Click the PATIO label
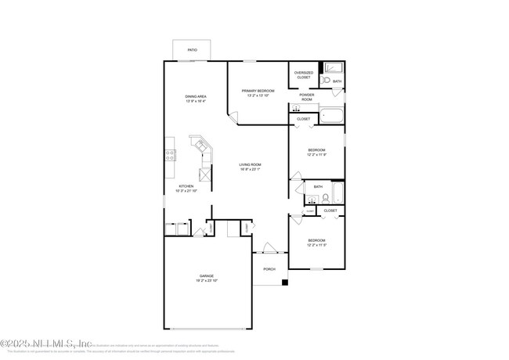pos(192,50)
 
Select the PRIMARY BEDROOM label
pos(258,91)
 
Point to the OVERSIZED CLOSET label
pos(303,75)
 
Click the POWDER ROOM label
pos(306,98)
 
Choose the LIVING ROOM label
pos(250,164)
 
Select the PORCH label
pos(269,269)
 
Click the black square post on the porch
pos(285,283)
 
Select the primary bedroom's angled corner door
pos(233,118)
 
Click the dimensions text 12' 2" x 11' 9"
pos(316,155)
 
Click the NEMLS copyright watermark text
pos(47,344)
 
